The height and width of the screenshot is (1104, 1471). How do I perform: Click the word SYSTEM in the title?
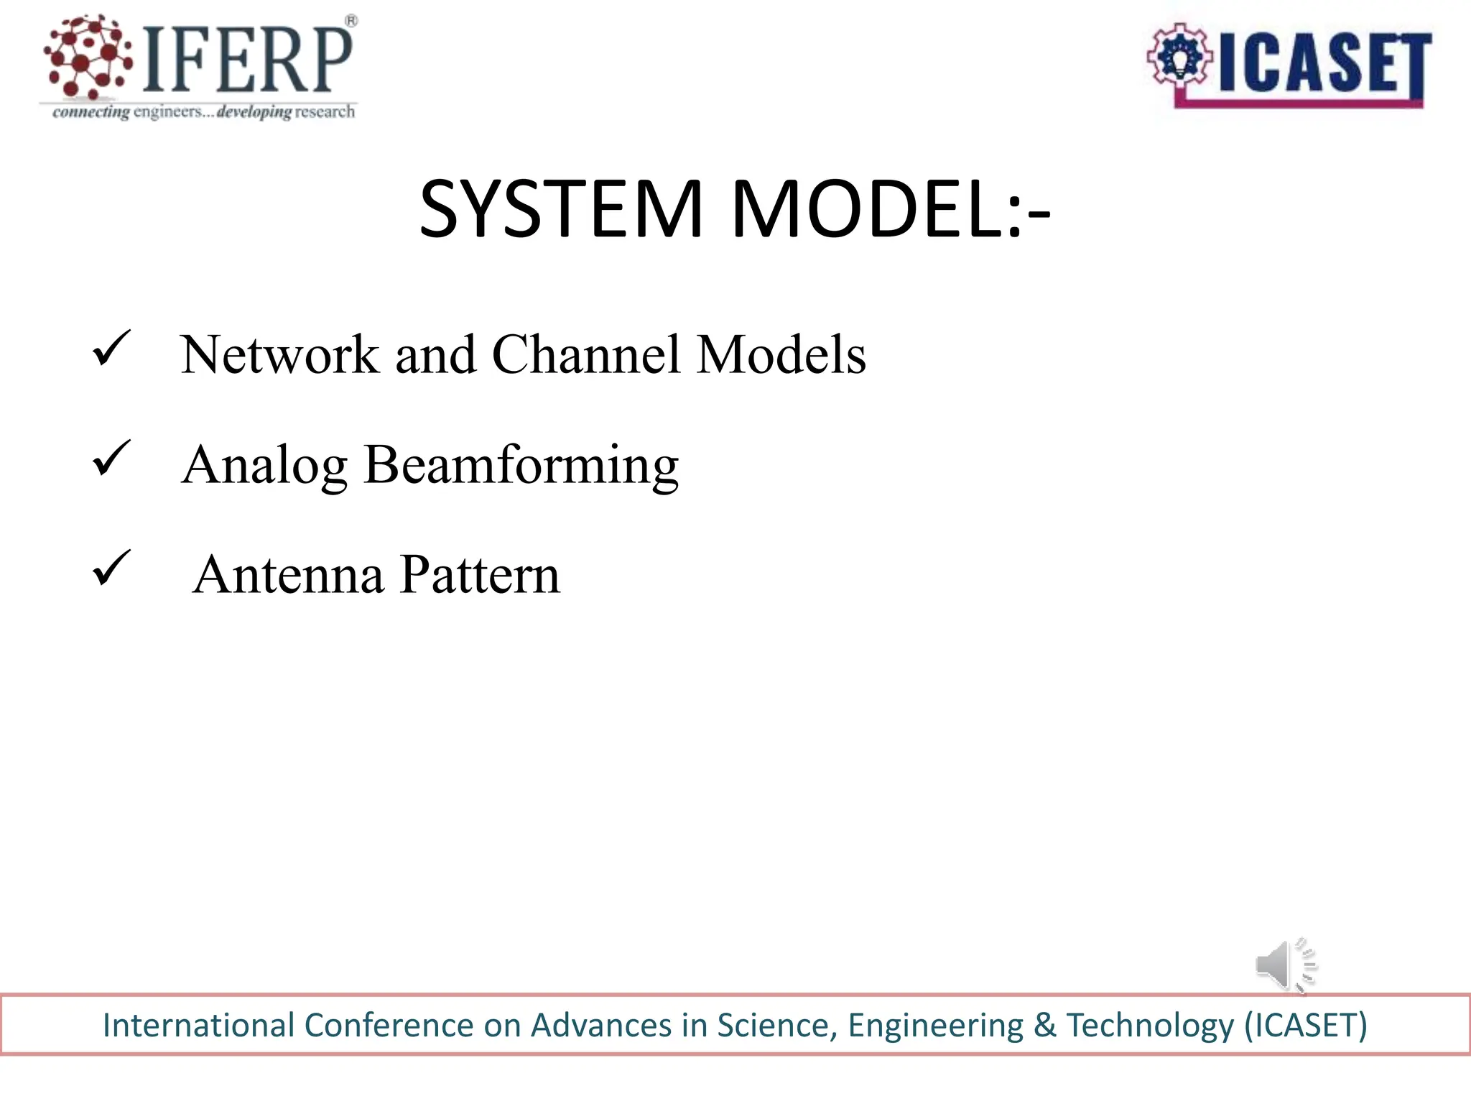[x=561, y=210]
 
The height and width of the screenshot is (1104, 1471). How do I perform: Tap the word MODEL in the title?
[x=865, y=210]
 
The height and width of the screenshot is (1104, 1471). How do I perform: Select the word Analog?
[x=264, y=466]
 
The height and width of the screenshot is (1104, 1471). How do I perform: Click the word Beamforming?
[x=521, y=466]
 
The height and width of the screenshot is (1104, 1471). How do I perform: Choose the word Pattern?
[x=480, y=575]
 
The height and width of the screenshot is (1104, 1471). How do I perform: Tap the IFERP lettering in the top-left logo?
[x=248, y=60]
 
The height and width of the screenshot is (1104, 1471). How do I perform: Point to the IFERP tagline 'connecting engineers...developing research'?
[x=203, y=112]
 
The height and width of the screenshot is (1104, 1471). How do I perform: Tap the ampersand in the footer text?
[x=1045, y=1025]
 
